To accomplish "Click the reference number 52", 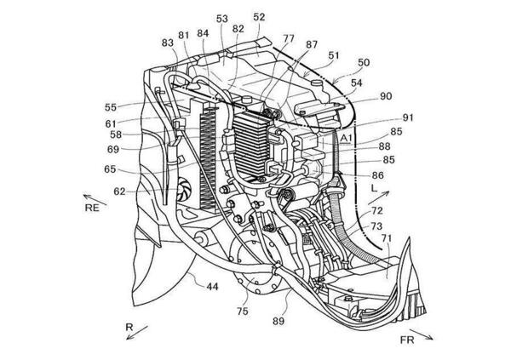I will [259, 16].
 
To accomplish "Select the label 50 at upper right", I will [364, 62].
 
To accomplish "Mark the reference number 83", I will [166, 43].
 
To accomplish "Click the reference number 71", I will [387, 241].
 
